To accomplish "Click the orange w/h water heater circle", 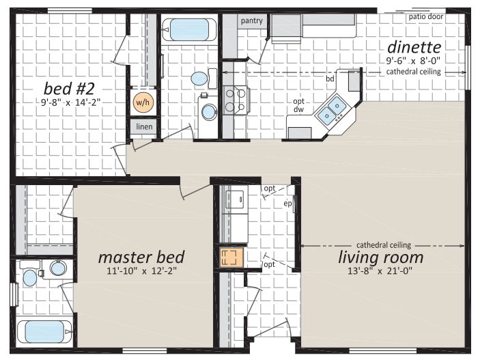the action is coord(143,102).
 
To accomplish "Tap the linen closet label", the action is coord(144,126).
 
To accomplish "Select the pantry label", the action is coord(252,20).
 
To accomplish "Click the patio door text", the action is coord(426,16).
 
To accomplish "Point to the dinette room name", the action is coord(414,47).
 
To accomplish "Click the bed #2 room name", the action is coord(69,89).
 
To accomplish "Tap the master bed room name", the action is coord(141,257).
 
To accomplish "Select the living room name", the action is coord(381,257).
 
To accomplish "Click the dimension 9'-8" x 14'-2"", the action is coord(71,102).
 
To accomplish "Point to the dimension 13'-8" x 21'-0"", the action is coord(380,271).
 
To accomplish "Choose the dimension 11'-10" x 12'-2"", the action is coord(142,271).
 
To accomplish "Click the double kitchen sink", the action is coord(332,110).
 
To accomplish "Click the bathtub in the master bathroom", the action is coord(44,332).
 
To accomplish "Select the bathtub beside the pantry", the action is coord(189,29).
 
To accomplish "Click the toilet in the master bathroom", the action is coord(30,273).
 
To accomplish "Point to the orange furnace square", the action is coord(231,257).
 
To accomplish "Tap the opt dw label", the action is coord(299,105).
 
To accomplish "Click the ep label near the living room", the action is coord(287,204).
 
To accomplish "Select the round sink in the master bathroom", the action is coord(58,268).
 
